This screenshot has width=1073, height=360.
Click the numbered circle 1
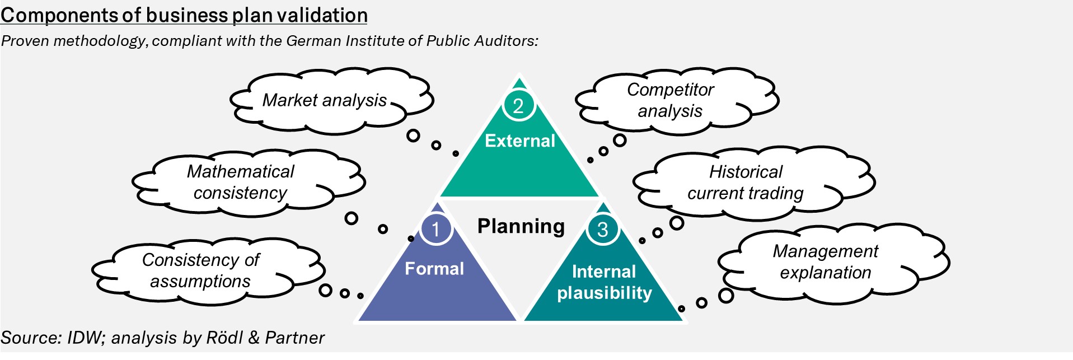point(435,229)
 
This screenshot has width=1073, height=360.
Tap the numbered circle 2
point(518,105)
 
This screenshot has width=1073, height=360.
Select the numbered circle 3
point(602,229)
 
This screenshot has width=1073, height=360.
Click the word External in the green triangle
point(519,141)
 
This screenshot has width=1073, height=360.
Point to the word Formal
point(434,269)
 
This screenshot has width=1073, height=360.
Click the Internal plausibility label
point(605,282)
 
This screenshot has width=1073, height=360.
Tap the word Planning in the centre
point(521,226)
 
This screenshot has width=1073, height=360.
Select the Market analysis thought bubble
point(325,101)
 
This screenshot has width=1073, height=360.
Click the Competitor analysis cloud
point(670,101)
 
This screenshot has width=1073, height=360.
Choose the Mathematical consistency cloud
point(241,182)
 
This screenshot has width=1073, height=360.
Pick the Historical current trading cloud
point(746,183)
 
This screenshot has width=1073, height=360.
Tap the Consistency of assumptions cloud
point(200,270)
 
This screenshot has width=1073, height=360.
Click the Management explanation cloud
point(826,262)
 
